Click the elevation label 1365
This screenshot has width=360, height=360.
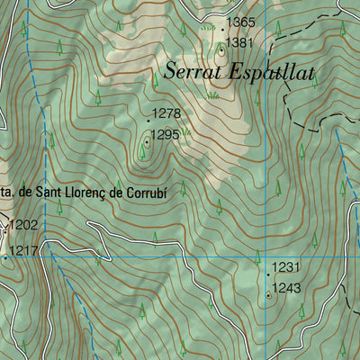point(240,22)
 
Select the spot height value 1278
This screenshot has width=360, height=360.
point(167,113)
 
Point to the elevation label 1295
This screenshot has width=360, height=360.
point(166,135)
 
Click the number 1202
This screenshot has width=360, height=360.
point(24,225)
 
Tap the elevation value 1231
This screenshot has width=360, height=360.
point(285,267)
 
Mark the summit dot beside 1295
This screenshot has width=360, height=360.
point(147,140)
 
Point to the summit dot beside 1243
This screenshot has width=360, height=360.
point(268,293)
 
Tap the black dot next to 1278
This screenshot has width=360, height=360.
point(148,120)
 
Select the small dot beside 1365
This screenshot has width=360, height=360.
point(221,28)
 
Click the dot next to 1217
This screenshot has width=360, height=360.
point(4,256)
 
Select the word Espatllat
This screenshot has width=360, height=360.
point(273,73)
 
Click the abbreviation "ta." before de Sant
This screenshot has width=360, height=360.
point(5,191)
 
